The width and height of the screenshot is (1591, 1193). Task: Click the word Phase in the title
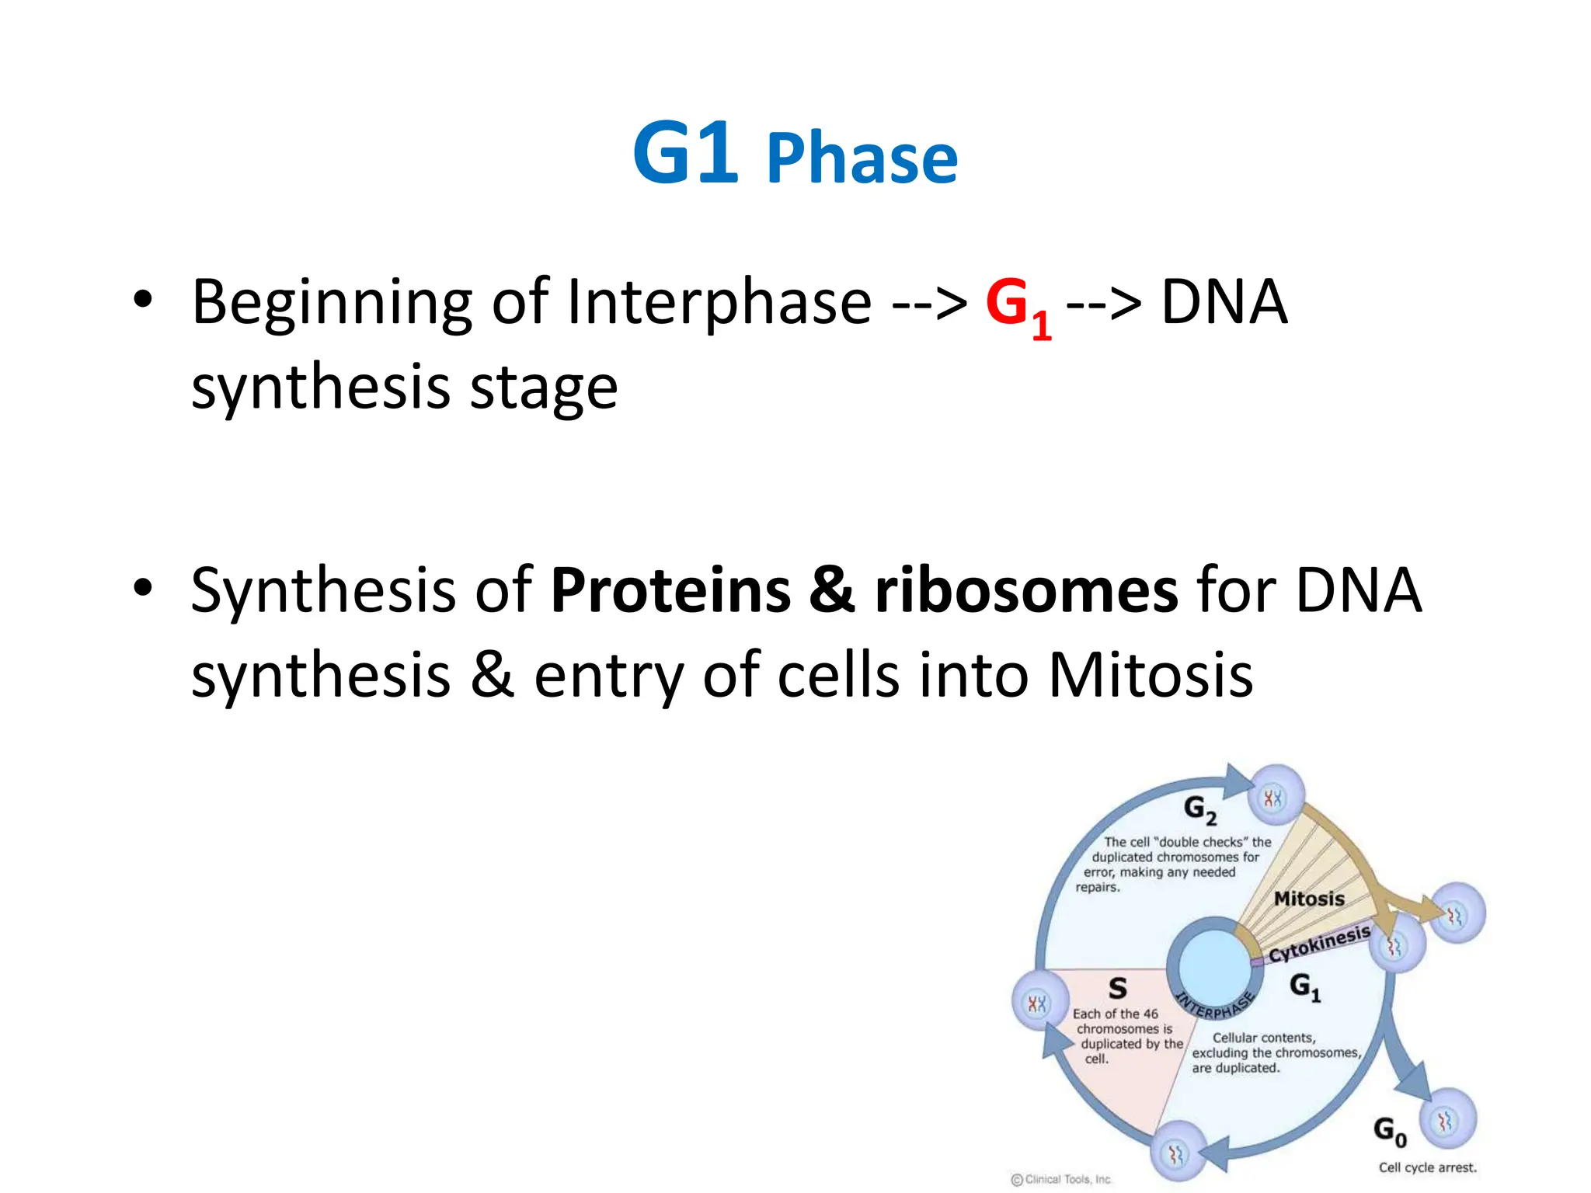[x=862, y=159]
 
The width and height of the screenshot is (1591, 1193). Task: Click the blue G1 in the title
[x=684, y=154]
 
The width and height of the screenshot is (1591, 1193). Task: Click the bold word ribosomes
[x=1026, y=591]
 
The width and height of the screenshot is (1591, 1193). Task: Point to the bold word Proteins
[x=670, y=591]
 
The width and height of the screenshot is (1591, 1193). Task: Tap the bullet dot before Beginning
[x=142, y=300]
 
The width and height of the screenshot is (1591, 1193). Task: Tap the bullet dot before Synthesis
[x=142, y=589]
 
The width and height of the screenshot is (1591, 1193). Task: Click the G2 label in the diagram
[x=1199, y=809]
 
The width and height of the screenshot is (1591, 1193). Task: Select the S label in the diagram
[x=1117, y=988]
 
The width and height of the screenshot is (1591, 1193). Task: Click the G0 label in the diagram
[x=1389, y=1131]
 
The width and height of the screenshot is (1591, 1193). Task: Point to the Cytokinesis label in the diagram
[x=1319, y=943]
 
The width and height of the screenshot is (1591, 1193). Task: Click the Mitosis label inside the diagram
[x=1309, y=899]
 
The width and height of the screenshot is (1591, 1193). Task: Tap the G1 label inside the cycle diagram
[x=1304, y=986]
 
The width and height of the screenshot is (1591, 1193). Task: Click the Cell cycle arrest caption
[x=1427, y=1167]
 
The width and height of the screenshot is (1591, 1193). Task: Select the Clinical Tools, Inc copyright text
[x=1061, y=1179]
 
